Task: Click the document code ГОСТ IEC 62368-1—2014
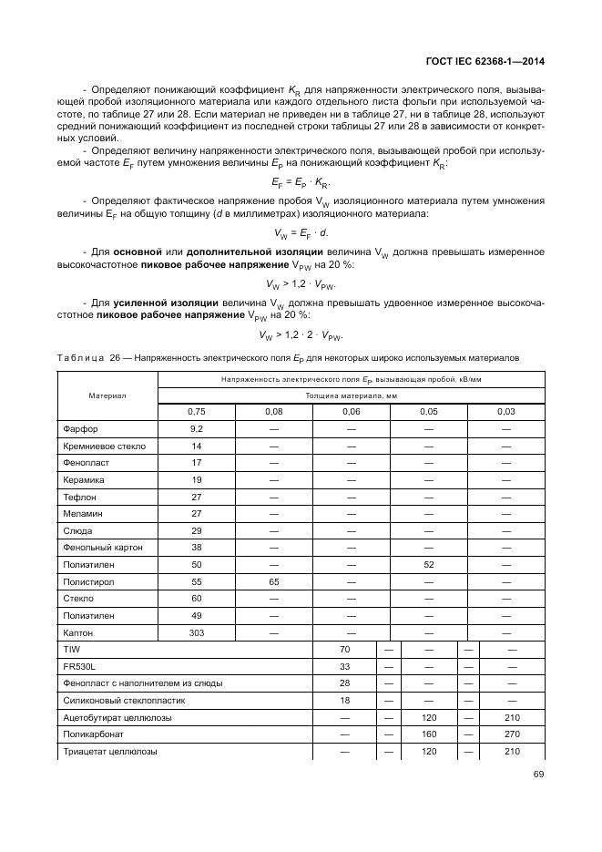click(489, 63)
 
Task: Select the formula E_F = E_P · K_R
click(301, 182)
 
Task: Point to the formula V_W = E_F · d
click(301, 232)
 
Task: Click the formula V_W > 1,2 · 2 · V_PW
click(301, 334)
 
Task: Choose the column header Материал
click(107, 395)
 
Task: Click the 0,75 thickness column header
click(196, 412)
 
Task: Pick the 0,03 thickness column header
click(505, 412)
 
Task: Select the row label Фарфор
click(80, 428)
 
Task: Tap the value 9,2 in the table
click(196, 428)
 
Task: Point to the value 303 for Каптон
click(196, 632)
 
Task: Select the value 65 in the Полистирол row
click(273, 581)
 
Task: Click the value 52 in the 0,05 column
click(428, 565)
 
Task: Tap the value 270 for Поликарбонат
click(512, 734)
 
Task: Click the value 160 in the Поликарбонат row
click(429, 734)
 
